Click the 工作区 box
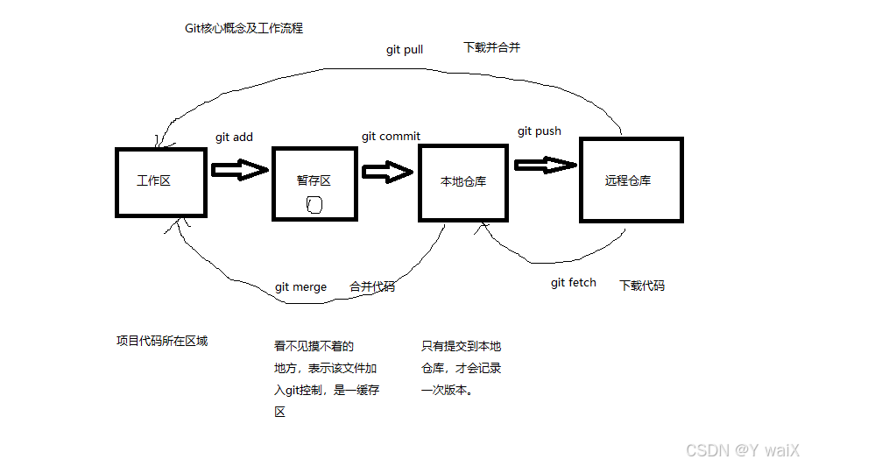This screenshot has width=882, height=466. coord(161,182)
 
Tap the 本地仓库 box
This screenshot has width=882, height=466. coord(463,182)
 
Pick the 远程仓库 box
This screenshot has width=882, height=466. coord(630,180)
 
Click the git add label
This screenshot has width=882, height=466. coord(234,138)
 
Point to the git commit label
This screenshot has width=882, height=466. coord(391,137)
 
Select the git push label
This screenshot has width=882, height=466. coord(540,131)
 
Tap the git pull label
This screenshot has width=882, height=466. coord(405,50)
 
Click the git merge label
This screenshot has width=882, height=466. coord(300,287)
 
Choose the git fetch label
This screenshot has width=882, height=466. coord(574,283)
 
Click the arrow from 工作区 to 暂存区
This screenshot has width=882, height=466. coord(239,169)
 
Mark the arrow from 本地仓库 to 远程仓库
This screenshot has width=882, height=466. coord(546,164)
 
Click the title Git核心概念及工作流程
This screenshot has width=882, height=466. coord(243,28)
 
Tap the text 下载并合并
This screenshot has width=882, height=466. coord(491,47)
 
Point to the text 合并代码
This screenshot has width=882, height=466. coord(372,286)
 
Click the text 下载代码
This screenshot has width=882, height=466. coord(642,286)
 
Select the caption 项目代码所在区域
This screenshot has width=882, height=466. coord(162,342)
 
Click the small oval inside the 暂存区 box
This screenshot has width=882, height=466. coord(315,206)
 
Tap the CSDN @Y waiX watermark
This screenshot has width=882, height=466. coord(743,450)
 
